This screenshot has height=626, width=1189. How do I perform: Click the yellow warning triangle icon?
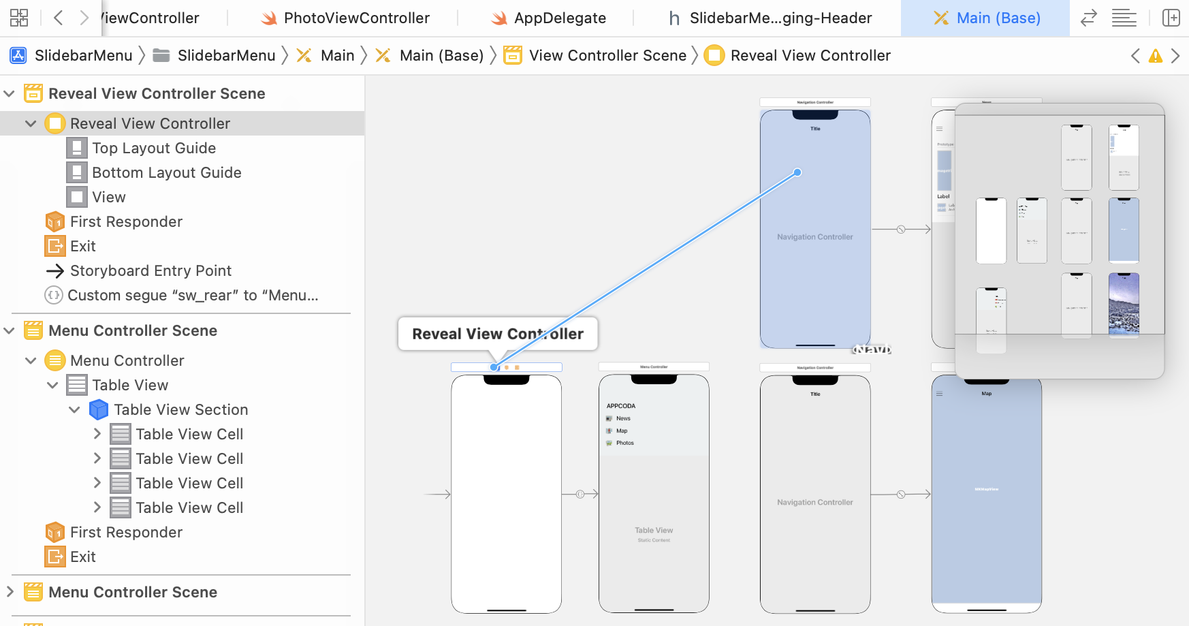tap(1155, 56)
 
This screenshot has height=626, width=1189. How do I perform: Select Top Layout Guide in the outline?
tap(154, 148)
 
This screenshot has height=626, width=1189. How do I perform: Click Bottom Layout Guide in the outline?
tap(166, 172)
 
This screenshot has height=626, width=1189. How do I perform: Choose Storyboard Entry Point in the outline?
tap(150, 270)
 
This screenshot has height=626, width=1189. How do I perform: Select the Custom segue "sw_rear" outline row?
tap(192, 295)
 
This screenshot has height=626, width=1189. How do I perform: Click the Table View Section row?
tap(180, 409)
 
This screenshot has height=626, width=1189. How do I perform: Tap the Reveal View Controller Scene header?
tap(157, 93)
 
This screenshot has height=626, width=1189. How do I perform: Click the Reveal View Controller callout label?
tap(497, 334)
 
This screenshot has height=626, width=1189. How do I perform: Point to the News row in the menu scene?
tap(623, 418)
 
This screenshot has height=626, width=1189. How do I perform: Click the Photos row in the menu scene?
tap(624, 443)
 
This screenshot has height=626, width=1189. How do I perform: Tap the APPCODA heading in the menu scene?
tap(620, 406)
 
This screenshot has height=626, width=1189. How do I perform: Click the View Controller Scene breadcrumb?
tap(607, 55)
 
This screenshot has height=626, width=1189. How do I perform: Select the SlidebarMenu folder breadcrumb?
tap(225, 55)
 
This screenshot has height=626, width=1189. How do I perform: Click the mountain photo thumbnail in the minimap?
tap(1124, 304)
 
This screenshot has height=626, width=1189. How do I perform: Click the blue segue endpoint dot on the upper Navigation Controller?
tap(797, 172)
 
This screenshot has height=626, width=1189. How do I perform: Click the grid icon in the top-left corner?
tap(19, 18)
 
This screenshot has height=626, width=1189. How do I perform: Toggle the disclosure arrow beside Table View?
tap(52, 385)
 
